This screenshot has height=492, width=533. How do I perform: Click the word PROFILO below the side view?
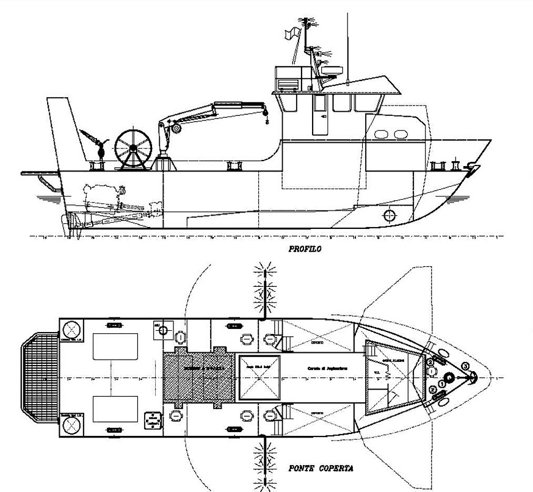[x=305, y=249]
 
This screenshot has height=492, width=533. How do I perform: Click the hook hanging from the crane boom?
[x=267, y=121]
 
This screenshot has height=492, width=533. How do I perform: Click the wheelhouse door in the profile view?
[x=319, y=114]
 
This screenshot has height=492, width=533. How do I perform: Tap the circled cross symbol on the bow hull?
[x=388, y=215]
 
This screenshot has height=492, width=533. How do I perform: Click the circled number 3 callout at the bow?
[x=466, y=366]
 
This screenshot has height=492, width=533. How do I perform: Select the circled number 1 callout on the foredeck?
[x=441, y=384]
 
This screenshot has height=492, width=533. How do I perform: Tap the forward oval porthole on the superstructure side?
[x=401, y=134]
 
